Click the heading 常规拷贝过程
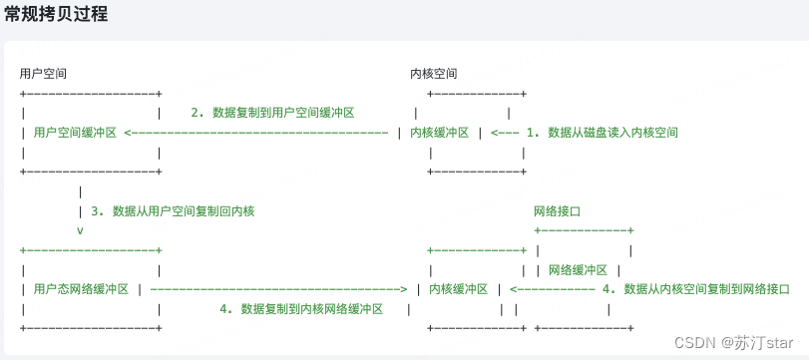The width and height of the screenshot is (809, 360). [x=56, y=15]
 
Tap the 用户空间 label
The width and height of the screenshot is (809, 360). [x=44, y=74]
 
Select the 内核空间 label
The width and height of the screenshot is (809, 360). [x=434, y=74]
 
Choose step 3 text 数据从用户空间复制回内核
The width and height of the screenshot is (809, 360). [x=184, y=210]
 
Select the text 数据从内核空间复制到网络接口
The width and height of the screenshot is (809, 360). [x=706, y=289]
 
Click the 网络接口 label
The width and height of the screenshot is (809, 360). [x=558, y=211]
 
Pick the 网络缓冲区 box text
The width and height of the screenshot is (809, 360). [x=578, y=269]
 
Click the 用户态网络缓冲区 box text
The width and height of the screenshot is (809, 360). [x=81, y=289]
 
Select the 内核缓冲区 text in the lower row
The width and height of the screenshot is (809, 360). [x=458, y=289]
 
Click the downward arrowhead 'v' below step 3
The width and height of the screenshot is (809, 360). [x=80, y=230]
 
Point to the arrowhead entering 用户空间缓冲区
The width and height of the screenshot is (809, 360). [x=129, y=132]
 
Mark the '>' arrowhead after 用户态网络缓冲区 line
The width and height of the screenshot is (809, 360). [x=403, y=289]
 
